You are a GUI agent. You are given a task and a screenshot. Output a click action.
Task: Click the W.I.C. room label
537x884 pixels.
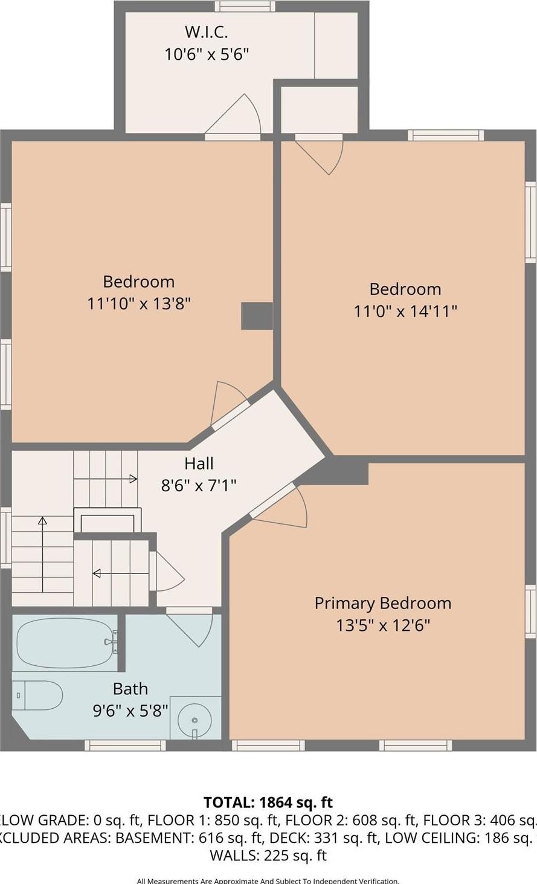tap(206, 31)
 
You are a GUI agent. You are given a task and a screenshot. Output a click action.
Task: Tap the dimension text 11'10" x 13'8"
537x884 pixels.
tap(139, 303)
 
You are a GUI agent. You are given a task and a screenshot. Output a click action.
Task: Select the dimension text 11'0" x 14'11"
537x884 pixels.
tap(405, 311)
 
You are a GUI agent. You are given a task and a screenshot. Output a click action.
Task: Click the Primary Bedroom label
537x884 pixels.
tap(382, 603)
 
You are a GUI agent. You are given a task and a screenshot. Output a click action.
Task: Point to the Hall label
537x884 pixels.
tap(199, 463)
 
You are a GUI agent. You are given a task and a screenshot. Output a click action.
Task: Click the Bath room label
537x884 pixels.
tap(130, 689)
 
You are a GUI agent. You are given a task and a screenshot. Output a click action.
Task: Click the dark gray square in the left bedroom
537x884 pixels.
tap(257, 316)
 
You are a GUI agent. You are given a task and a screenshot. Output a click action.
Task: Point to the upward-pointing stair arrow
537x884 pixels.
tap(42, 553)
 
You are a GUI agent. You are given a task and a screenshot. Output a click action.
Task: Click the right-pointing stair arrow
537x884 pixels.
tap(106, 479)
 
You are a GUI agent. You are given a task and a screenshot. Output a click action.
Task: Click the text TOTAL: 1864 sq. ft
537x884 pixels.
tap(268, 802)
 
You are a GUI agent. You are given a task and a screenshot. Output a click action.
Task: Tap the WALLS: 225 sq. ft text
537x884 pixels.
tap(268, 855)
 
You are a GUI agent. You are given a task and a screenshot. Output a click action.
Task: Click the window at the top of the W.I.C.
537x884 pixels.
tap(245, 7)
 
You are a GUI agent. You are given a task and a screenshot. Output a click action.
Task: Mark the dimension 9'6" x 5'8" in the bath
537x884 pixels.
tap(130, 711)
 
